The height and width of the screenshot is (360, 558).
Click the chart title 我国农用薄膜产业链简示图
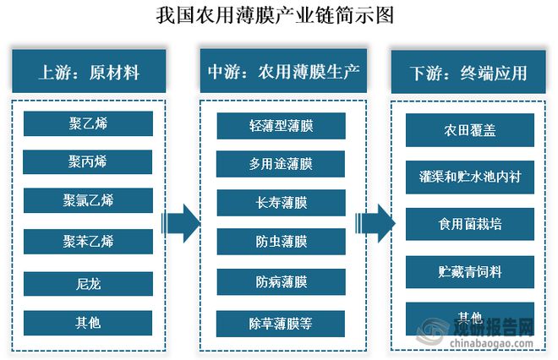click(275, 15)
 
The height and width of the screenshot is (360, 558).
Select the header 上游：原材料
click(89, 71)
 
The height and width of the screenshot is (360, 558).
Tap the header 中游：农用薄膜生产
click(283, 71)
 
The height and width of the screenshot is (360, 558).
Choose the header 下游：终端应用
click(468, 72)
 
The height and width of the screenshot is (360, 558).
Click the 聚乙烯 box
click(88, 123)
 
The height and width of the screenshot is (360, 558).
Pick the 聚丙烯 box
click(88, 162)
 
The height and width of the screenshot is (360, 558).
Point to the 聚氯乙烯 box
click(88, 200)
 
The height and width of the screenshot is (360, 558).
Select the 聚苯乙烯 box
click(88, 242)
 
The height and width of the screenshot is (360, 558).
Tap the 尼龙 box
click(88, 284)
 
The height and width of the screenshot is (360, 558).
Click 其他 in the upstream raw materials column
click(88, 323)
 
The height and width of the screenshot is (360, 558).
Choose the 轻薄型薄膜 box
click(282, 126)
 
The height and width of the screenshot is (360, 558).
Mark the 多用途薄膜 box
click(281, 164)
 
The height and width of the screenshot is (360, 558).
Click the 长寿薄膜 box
click(282, 203)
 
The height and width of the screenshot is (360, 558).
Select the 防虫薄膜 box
click(282, 242)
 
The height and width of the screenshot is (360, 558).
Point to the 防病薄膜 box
click(282, 281)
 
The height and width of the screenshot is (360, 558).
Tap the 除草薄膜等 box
click(281, 324)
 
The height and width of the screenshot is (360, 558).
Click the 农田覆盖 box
click(470, 130)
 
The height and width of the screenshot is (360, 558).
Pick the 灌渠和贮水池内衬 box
click(470, 177)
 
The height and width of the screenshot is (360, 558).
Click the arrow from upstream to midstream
click(181, 223)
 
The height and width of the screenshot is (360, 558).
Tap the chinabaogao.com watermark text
click(491, 344)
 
